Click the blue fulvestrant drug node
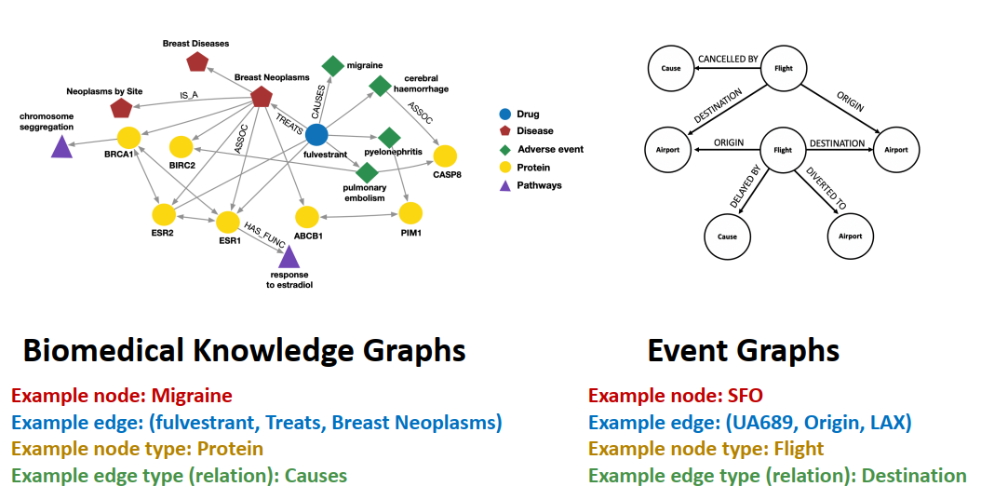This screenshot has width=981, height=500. [x=316, y=134]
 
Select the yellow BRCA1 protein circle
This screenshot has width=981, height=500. [x=128, y=137]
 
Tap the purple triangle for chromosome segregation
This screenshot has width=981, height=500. [x=61, y=146]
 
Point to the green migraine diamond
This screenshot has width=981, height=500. [x=332, y=66]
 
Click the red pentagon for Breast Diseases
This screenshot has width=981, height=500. [x=197, y=61]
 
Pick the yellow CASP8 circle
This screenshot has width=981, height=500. [x=445, y=156]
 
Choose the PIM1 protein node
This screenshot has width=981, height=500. [x=410, y=213]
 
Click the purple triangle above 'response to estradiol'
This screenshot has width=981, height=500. [x=289, y=257]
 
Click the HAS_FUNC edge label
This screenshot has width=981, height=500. [x=263, y=232]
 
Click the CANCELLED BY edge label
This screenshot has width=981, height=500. [x=728, y=60]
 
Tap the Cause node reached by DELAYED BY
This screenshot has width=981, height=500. [x=727, y=236]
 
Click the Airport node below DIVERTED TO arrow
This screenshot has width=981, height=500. [x=850, y=236]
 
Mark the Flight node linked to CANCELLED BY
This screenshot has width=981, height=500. [x=783, y=68]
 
